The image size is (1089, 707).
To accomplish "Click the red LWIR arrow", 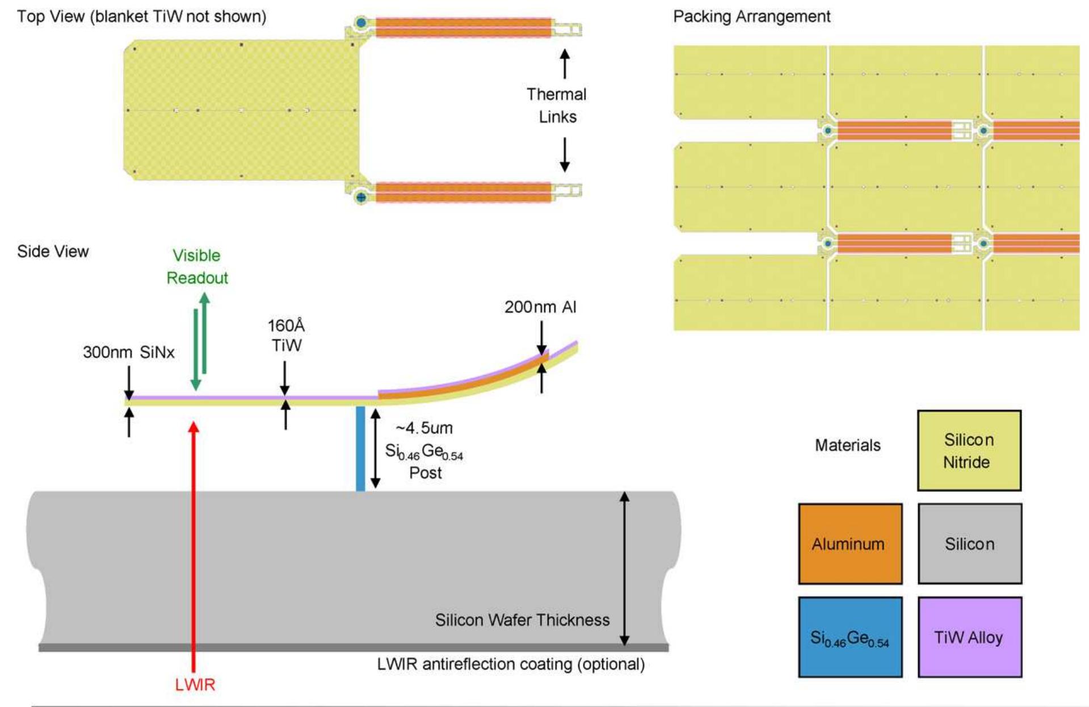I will pyautogui.click(x=194, y=545).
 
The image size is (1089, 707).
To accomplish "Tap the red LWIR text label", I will pyautogui.click(x=195, y=685).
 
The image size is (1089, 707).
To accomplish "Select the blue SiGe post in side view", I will pyautogui.click(x=360, y=448).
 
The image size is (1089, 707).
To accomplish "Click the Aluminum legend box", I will pyautogui.click(x=850, y=544).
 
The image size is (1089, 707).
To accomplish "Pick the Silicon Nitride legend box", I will pyautogui.click(x=969, y=451).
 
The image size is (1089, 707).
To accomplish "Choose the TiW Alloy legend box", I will pyautogui.click(x=969, y=637).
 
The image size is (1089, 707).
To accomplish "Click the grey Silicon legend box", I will pyautogui.click(x=969, y=544).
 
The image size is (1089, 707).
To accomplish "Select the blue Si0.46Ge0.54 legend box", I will pyautogui.click(x=850, y=637).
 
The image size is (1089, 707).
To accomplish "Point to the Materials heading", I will pyautogui.click(x=848, y=445).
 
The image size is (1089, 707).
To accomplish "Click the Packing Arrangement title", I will pyautogui.click(x=751, y=16).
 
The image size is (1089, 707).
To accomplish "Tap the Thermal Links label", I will pyautogui.click(x=557, y=106).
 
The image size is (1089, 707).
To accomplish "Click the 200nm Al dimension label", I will pyautogui.click(x=540, y=307).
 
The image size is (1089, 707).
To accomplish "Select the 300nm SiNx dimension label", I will pyautogui.click(x=129, y=352).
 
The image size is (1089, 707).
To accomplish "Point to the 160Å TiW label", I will pyautogui.click(x=286, y=335).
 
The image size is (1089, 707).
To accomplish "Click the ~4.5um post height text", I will pyautogui.click(x=424, y=428).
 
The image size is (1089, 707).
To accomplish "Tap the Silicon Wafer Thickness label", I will pyautogui.click(x=522, y=620).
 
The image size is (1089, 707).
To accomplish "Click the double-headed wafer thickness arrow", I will pyautogui.click(x=624, y=568).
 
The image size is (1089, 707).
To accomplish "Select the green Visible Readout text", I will pyautogui.click(x=197, y=267).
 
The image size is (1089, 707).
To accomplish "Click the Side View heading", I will pyautogui.click(x=53, y=251).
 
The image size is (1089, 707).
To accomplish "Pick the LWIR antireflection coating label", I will pyautogui.click(x=511, y=664).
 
